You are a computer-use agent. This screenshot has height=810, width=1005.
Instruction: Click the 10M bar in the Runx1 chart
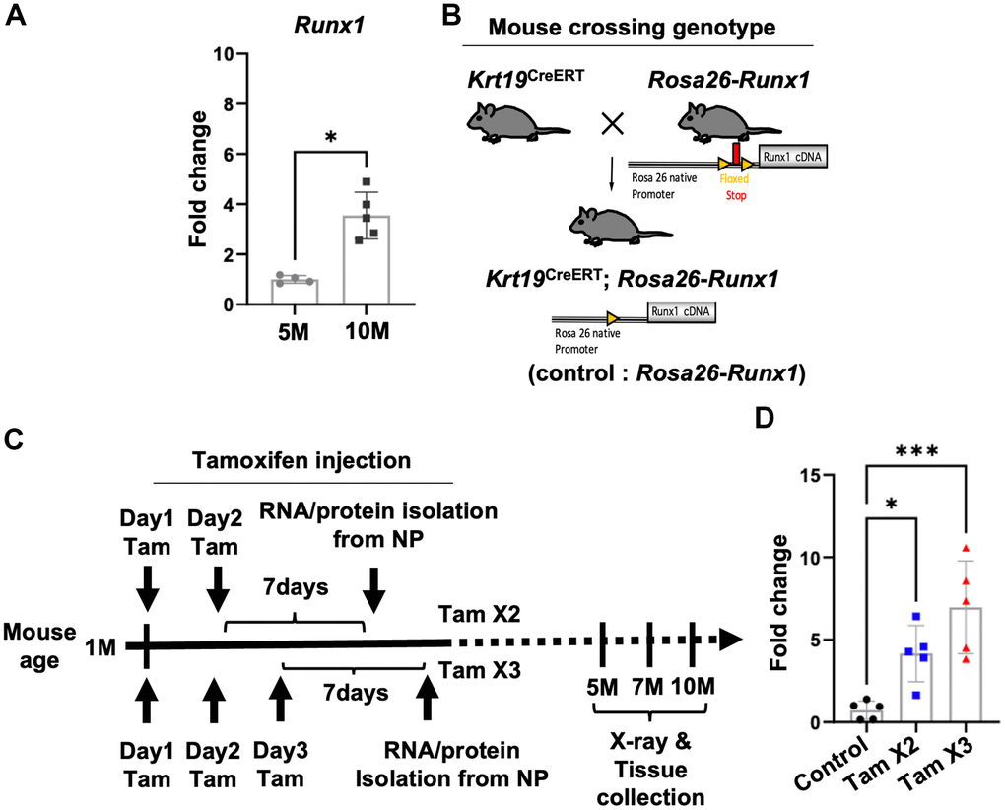[366, 259]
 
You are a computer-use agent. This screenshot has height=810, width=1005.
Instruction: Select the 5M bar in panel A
[295, 292]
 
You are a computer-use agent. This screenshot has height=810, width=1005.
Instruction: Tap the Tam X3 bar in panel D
[966, 665]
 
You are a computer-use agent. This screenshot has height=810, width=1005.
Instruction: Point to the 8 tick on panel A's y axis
[226, 103]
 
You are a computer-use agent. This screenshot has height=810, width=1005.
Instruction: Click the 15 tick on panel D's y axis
[812, 476]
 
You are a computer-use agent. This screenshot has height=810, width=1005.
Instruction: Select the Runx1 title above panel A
[329, 25]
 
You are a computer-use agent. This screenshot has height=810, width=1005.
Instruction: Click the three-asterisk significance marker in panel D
[916, 451]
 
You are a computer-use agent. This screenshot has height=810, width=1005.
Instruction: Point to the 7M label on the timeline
[647, 687]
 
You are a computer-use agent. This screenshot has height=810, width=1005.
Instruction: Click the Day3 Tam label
[280, 765]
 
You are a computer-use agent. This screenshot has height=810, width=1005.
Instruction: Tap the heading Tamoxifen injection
[301, 461]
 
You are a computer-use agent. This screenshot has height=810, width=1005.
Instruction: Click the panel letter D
[764, 419]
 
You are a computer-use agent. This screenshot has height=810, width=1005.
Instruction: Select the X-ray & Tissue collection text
[650, 770]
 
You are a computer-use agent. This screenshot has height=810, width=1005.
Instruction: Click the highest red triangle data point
[966, 549]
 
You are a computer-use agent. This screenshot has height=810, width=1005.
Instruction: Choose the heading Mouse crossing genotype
[632, 27]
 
